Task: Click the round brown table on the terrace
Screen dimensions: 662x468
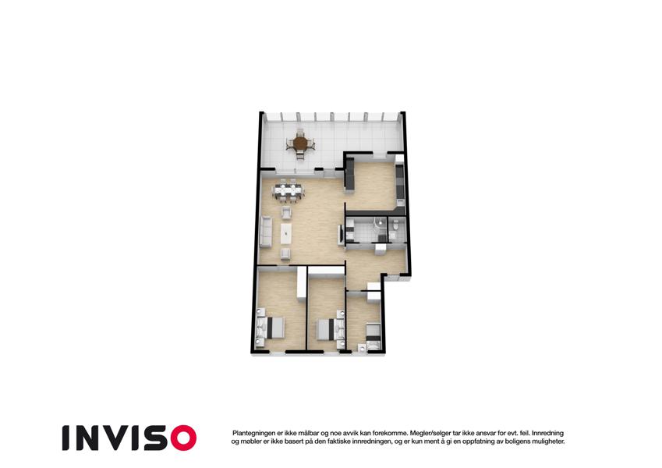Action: click(300, 144)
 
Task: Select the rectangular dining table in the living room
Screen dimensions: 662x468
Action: click(289, 190)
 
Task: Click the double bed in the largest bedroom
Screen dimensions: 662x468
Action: click(271, 328)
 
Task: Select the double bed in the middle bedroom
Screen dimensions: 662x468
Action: click(329, 329)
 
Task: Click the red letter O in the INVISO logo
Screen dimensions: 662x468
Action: click(183, 438)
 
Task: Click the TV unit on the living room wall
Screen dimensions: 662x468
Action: click(340, 235)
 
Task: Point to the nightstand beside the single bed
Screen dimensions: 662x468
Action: click(363, 348)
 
